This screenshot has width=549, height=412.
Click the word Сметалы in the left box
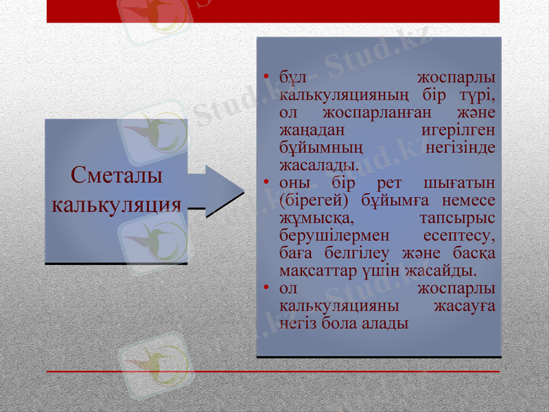coord(117,175)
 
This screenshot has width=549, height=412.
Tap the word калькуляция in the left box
coord(117,205)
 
